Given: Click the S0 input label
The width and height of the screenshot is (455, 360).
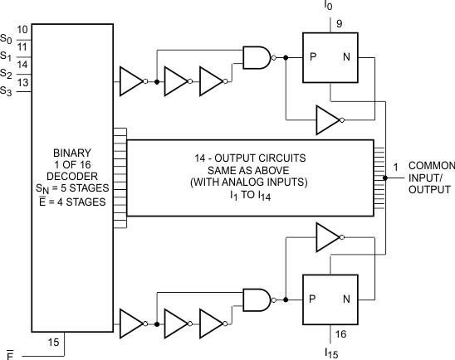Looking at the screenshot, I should click(x=7, y=39).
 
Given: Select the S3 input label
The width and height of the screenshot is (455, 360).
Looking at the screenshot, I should click(x=7, y=90).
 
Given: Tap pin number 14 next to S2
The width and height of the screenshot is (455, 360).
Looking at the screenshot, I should click(x=23, y=64).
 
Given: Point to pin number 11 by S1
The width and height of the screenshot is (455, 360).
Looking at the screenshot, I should click(x=23, y=47).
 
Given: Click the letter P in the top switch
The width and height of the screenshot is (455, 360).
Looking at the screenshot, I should click(x=314, y=58).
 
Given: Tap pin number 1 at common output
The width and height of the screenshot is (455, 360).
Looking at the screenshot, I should click(x=396, y=166).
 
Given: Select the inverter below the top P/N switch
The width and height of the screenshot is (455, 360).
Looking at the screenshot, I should click(x=327, y=119).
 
